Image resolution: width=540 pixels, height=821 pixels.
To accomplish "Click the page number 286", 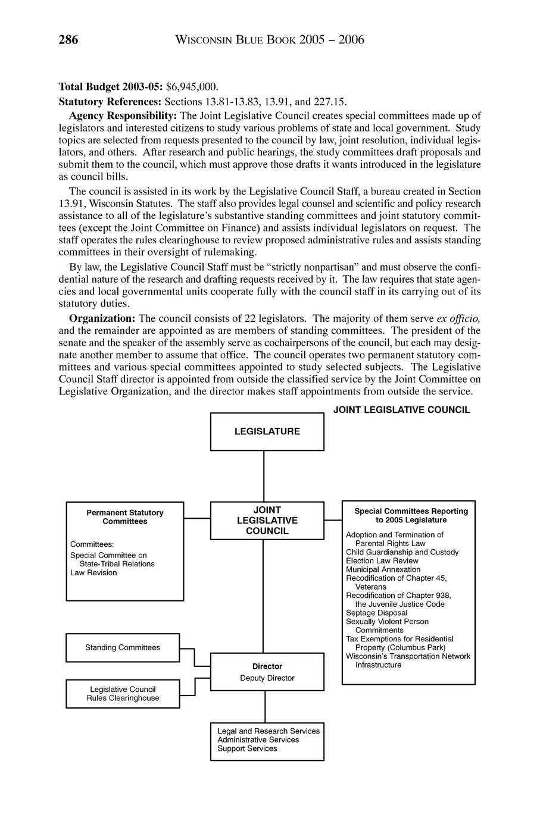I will [x=68, y=40].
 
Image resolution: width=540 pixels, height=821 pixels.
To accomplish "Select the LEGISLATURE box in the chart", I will [x=267, y=431].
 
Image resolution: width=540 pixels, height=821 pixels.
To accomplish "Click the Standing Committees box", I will [x=123, y=647].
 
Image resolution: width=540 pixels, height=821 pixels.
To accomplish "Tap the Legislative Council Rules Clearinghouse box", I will [x=123, y=694].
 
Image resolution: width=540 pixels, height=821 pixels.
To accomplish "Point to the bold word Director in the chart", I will [x=267, y=666].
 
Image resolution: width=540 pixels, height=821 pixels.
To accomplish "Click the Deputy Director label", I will [x=267, y=678].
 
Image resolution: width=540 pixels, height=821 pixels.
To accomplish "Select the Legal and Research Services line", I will [x=269, y=731].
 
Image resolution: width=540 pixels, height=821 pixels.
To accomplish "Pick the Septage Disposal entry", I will [x=377, y=613].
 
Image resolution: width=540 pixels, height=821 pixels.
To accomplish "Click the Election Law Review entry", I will [x=382, y=561].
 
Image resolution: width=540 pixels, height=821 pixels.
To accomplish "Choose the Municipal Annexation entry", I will [x=383, y=569].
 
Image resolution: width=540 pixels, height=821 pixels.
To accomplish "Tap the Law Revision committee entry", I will [x=93, y=573].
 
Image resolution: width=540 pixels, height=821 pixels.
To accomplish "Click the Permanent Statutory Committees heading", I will [x=125, y=517].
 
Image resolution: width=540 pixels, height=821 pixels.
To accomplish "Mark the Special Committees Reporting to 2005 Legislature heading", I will [x=411, y=515].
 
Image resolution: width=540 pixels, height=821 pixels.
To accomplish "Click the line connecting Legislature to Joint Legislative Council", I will [x=264, y=476].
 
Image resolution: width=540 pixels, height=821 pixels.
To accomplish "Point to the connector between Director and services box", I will [x=265, y=707].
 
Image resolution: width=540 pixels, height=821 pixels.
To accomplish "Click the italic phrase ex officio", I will [x=458, y=318].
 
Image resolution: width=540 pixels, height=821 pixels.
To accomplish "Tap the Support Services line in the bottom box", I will [x=247, y=748].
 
